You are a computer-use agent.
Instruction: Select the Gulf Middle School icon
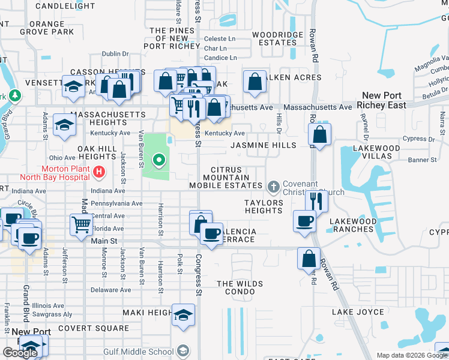(x=184, y=350)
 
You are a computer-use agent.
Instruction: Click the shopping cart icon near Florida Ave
(x=82, y=225)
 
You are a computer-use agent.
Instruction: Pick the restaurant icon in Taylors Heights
(x=316, y=202)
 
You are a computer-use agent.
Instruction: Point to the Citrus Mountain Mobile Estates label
(x=226, y=178)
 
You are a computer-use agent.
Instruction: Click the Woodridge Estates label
(x=277, y=38)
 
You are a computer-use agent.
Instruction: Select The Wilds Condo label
(x=235, y=287)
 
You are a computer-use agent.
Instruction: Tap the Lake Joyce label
(x=357, y=312)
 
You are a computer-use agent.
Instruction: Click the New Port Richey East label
(x=384, y=100)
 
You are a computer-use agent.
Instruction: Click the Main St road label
(x=104, y=241)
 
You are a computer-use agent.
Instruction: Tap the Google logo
(x=20, y=352)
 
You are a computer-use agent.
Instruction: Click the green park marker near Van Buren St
(x=159, y=160)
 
